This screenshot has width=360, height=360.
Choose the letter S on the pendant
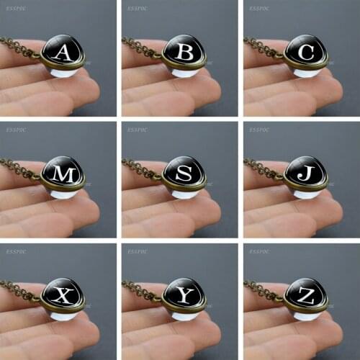pos(184,173)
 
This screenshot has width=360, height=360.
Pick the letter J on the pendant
pos(306,173)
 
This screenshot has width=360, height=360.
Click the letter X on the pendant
pos(63,295)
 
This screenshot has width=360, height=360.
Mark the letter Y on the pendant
pos(184,295)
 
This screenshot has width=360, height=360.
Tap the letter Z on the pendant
pos(306,295)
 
